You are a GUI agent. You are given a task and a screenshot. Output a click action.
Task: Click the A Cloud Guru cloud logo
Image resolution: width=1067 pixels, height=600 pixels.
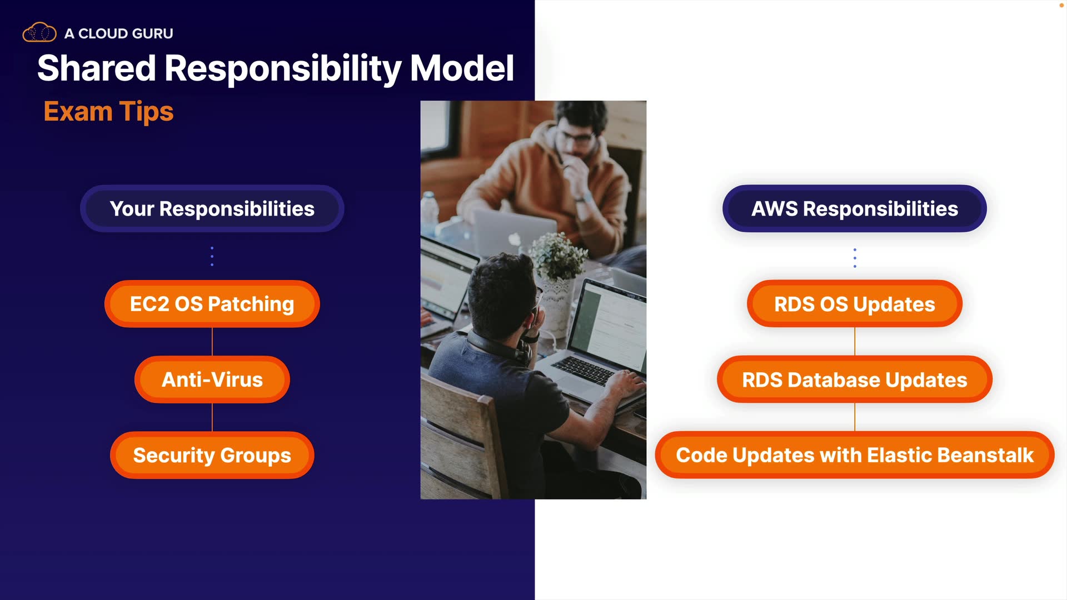tap(39, 32)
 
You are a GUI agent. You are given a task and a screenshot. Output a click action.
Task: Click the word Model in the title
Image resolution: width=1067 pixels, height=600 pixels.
tap(462, 68)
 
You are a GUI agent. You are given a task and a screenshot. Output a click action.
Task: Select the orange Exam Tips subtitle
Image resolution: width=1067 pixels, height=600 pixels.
tap(108, 112)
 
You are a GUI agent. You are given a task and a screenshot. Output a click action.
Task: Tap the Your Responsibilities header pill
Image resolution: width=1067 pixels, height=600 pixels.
tap(212, 208)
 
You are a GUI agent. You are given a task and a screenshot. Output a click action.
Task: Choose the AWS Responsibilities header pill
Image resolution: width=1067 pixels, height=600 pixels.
tap(855, 208)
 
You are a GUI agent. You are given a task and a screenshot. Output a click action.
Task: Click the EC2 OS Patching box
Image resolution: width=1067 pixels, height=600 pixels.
tap(212, 304)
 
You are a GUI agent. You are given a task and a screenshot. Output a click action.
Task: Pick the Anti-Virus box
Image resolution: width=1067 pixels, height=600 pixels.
tap(212, 379)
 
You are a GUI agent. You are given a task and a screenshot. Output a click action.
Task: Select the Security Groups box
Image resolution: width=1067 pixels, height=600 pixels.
tap(212, 455)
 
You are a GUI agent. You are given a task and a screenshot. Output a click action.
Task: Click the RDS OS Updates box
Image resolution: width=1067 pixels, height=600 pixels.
tap(855, 304)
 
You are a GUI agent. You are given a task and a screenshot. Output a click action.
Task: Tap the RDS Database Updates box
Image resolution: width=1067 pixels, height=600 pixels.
tap(855, 379)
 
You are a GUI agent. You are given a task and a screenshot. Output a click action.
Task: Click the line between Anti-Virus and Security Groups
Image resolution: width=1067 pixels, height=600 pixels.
tap(212, 417)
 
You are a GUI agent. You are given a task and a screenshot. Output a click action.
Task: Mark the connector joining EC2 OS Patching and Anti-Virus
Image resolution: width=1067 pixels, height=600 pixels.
tap(212, 342)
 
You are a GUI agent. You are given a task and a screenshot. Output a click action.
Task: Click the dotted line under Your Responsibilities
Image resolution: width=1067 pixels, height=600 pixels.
tap(212, 256)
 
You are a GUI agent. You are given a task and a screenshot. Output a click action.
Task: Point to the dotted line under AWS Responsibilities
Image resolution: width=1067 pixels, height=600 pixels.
tap(855, 258)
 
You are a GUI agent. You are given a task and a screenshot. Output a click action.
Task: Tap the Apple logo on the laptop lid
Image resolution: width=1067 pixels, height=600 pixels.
tap(515, 239)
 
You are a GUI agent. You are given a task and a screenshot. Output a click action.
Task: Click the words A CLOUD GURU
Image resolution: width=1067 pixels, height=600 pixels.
tap(119, 33)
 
